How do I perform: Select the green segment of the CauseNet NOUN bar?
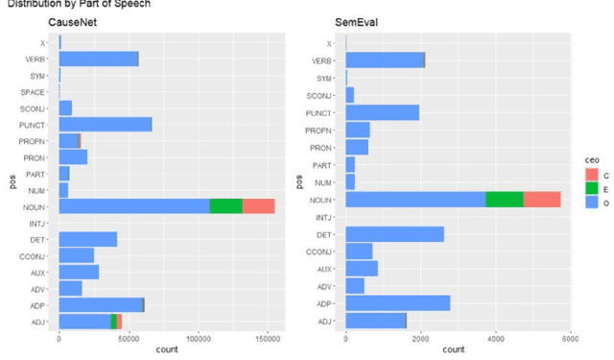[x=225, y=205]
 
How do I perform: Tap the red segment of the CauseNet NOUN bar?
[x=258, y=205]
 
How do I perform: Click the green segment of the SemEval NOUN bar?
[x=505, y=199]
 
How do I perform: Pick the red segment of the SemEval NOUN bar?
[x=542, y=199]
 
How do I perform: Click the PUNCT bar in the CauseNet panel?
[x=106, y=124]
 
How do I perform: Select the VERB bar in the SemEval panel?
[x=385, y=60]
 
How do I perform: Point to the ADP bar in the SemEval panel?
[x=397, y=303]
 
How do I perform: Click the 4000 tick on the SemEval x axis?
[x=496, y=339]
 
